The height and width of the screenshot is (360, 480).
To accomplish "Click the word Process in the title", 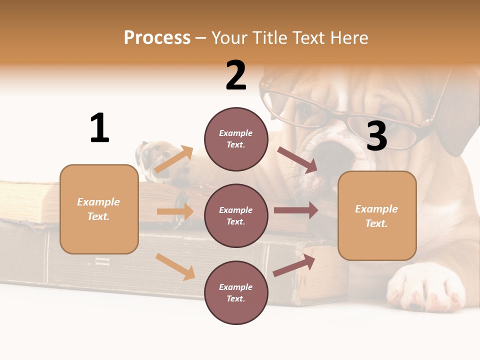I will [157, 38].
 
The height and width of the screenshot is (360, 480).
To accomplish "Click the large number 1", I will [99, 128].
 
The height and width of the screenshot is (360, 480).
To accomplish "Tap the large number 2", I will [236, 75].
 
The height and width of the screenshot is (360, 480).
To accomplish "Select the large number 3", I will [376, 136].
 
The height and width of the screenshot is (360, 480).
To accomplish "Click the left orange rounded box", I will [99, 209].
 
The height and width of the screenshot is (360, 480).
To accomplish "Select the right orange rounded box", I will [377, 216].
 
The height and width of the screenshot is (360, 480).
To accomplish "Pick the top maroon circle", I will [236, 139].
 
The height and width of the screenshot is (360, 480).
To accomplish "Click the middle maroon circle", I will [236, 215].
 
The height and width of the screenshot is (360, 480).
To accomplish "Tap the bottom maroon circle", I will [236, 292].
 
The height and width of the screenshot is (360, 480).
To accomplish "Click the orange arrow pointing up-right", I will [174, 159].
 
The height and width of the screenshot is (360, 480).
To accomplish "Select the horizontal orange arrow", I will [175, 211].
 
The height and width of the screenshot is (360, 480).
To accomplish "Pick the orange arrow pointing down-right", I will [175, 266].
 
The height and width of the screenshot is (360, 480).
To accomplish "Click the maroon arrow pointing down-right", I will [297, 160].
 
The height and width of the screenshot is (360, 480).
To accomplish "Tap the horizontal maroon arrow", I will [296, 210].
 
